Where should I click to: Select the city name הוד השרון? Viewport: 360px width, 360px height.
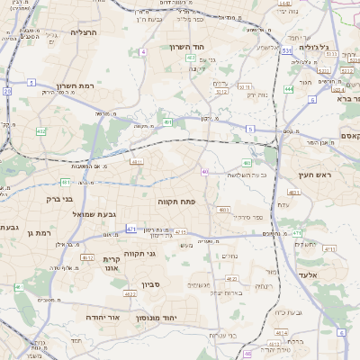pyautogui.click(x=187, y=47)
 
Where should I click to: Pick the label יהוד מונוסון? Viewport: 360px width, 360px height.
pyautogui.click(x=156, y=319)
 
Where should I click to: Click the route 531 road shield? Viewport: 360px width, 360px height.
pyautogui.click(x=285, y=51)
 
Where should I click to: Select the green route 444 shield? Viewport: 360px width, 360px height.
pyautogui.click(x=289, y=89)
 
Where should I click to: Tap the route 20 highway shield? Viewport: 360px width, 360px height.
pyautogui.click(x=7, y=91)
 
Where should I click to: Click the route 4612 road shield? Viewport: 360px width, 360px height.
pyautogui.click(x=88, y=256)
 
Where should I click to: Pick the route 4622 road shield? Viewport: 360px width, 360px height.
pyautogui.click(x=130, y=293)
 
